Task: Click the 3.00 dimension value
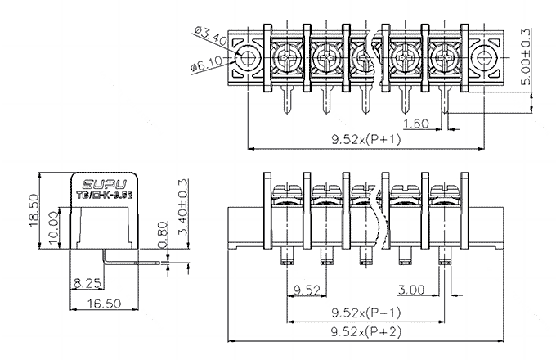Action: click(x=410, y=289)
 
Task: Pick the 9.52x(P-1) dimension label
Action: click(x=365, y=313)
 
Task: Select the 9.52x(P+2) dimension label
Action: click(x=365, y=331)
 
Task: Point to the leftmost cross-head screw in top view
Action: click(x=286, y=57)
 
